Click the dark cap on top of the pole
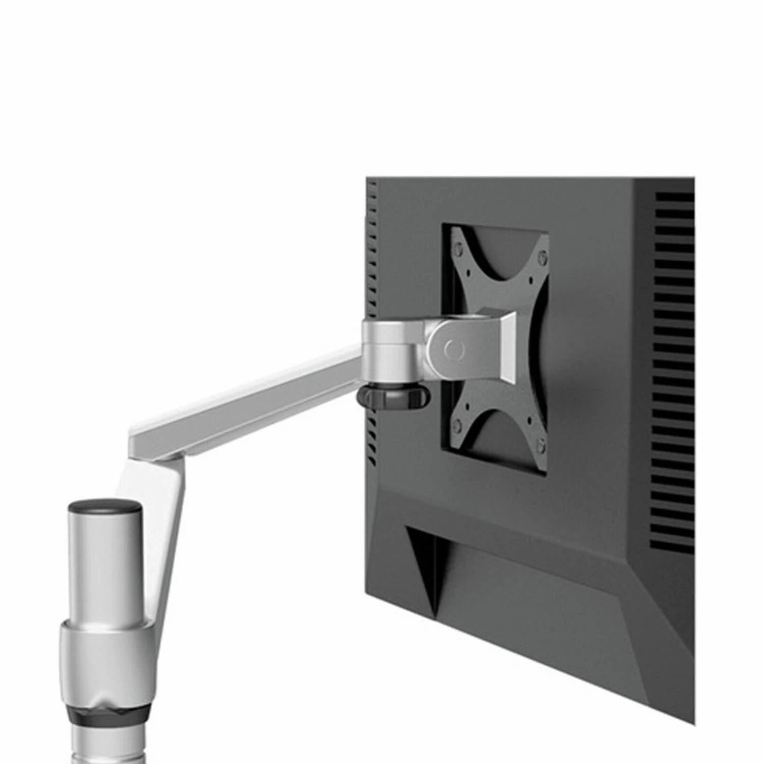click(x=105, y=506)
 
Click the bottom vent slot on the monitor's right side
click(x=672, y=545)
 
